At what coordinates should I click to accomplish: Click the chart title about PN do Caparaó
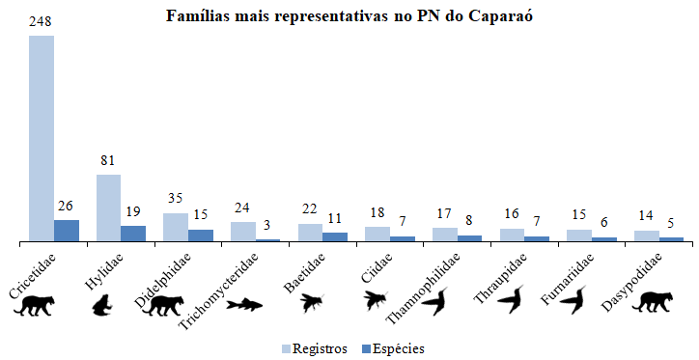(x=349, y=16)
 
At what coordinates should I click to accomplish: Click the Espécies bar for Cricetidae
(x=67, y=230)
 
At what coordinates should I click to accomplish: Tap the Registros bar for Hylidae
(x=108, y=207)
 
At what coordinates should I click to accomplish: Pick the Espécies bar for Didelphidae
(x=201, y=235)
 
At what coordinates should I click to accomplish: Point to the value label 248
(x=42, y=22)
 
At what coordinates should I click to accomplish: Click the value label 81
(x=108, y=161)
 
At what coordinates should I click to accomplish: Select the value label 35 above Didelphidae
(x=176, y=200)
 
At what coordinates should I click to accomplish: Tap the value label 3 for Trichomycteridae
(x=267, y=224)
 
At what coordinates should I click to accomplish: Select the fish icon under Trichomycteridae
(x=244, y=305)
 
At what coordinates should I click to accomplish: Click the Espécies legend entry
(x=390, y=348)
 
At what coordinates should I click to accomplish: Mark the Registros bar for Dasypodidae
(x=647, y=235)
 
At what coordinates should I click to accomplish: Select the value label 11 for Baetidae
(x=335, y=218)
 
